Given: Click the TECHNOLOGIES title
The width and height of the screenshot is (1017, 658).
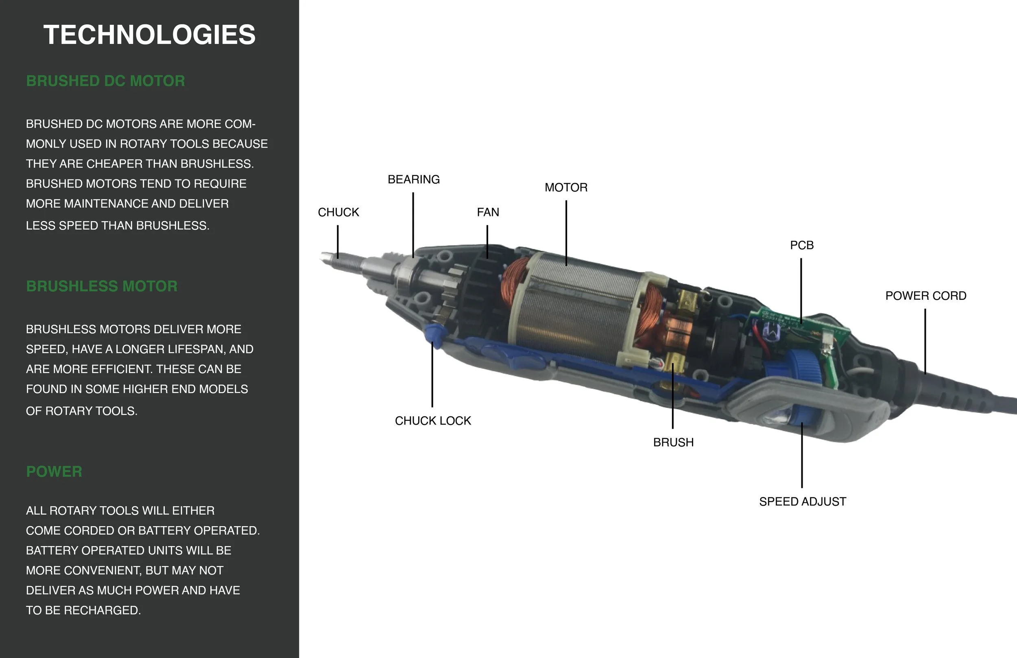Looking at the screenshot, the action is (x=150, y=35).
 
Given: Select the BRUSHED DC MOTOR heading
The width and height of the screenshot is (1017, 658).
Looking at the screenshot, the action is (x=105, y=81).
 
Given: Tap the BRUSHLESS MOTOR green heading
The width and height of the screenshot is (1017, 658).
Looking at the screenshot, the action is (x=102, y=286).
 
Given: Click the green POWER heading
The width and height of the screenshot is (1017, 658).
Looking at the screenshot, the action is (x=54, y=472).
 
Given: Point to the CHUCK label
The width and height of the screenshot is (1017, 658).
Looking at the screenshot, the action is (x=338, y=212).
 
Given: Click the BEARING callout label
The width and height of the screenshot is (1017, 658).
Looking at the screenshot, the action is (x=414, y=179).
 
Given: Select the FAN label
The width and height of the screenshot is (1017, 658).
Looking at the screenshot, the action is (x=488, y=212).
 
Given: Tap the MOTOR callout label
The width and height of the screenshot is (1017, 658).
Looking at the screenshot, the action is (x=566, y=187).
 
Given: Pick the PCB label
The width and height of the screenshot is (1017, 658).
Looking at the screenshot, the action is (x=802, y=245).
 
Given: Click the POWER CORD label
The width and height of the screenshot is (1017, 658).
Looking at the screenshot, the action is (x=925, y=296).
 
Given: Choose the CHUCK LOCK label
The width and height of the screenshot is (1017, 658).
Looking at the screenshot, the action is (x=433, y=421).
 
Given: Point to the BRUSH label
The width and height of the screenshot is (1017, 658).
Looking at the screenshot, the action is (x=673, y=442).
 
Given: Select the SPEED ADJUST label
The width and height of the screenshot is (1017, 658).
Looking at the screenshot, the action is (x=803, y=501).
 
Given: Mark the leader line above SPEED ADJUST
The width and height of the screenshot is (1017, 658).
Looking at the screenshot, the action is (x=802, y=455).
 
